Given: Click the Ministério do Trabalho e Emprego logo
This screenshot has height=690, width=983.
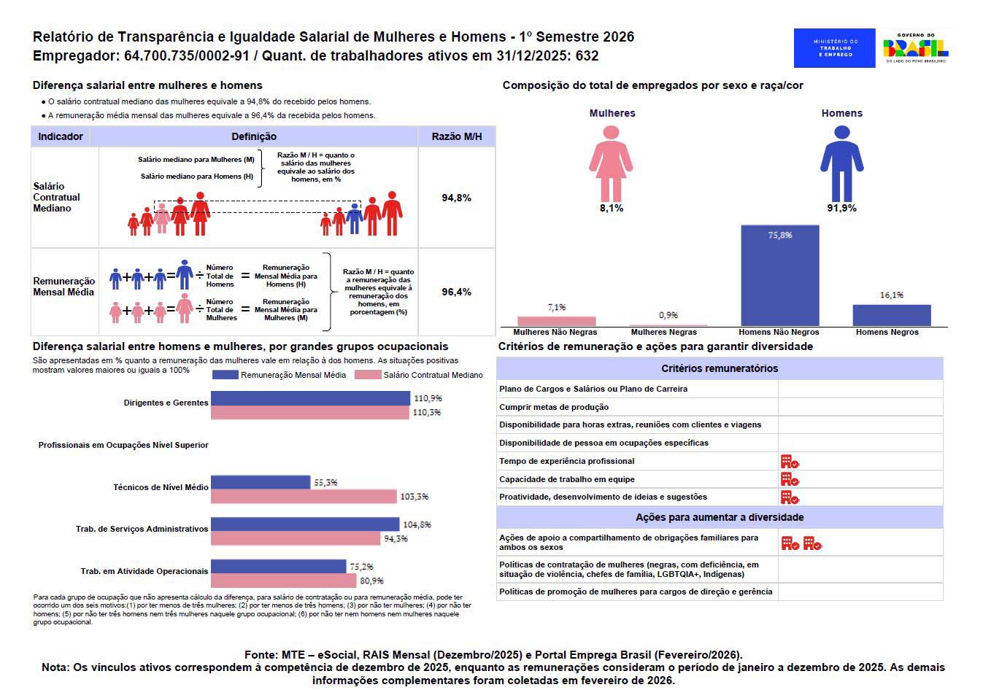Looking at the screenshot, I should (x=834, y=48).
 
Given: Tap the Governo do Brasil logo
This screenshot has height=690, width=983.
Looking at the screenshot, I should (x=915, y=48).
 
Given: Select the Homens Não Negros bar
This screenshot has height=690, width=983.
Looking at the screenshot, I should (x=779, y=276).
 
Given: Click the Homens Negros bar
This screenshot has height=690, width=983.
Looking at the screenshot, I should (x=891, y=315).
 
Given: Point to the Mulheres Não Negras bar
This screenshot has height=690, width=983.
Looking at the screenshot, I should (x=556, y=321).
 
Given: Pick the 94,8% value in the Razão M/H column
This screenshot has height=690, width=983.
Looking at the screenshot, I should (x=456, y=198).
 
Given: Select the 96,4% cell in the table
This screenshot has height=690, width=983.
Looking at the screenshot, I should (x=456, y=292).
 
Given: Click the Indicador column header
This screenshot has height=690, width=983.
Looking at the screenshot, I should (x=61, y=136).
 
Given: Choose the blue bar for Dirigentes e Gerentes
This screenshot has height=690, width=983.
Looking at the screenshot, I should (x=310, y=398).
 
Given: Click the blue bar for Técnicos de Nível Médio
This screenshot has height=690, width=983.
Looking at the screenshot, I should (x=261, y=482).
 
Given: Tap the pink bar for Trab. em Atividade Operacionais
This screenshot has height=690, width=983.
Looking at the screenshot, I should (x=284, y=581).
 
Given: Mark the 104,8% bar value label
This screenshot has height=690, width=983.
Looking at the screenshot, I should (x=417, y=524).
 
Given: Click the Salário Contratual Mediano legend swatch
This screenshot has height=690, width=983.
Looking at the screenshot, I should (x=368, y=375).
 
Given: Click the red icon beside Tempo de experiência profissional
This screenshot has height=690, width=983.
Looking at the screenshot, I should (x=790, y=462).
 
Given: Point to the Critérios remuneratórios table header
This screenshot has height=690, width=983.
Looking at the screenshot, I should (x=719, y=368).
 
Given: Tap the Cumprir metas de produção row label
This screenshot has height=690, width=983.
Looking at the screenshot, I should (x=554, y=407).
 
